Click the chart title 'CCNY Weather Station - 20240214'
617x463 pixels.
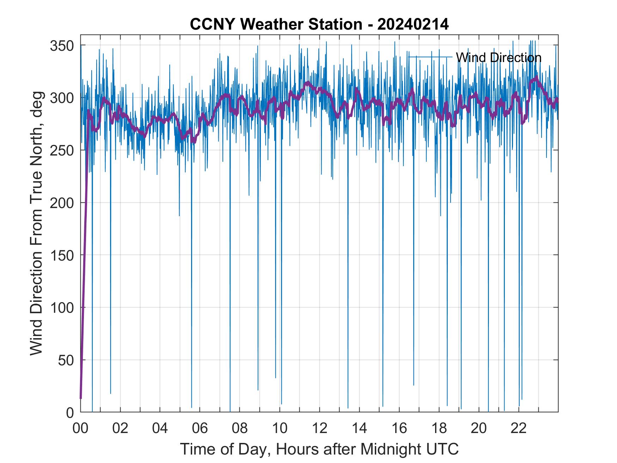coord(319,24)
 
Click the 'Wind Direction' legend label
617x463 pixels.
coord(499,57)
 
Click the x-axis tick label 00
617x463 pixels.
coord(80,428)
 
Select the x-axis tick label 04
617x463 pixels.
coord(160,428)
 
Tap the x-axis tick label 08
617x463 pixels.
coord(240,428)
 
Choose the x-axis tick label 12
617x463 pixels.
coord(319,428)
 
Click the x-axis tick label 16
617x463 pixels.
coord(399,428)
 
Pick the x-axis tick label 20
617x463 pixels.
coord(479,428)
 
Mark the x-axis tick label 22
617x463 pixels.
coord(519,428)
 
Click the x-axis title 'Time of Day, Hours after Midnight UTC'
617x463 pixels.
coord(319,449)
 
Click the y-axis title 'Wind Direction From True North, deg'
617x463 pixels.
coord(36,223)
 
